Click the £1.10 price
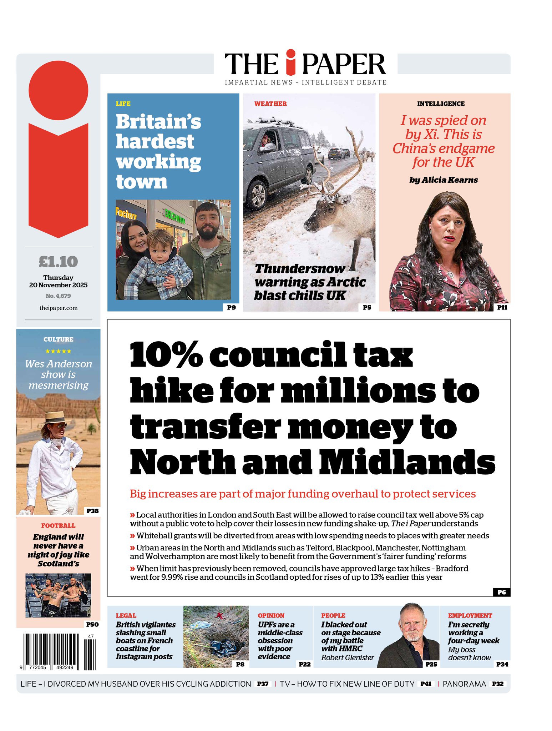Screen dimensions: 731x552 58,262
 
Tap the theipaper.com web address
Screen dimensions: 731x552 58,308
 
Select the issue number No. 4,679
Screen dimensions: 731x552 58,296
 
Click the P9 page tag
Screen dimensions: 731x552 231,307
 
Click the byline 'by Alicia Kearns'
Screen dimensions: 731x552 444,180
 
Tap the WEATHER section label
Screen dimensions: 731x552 270,104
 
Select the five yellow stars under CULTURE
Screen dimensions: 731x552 58,351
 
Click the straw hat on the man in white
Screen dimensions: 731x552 54,417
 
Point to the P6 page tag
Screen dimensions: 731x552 501,592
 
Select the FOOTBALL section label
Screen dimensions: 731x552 58,526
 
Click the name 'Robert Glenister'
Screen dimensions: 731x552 347,657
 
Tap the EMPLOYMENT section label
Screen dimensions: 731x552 470,616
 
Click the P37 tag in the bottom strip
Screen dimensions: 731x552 263,684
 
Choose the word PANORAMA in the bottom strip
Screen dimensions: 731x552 464,684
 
